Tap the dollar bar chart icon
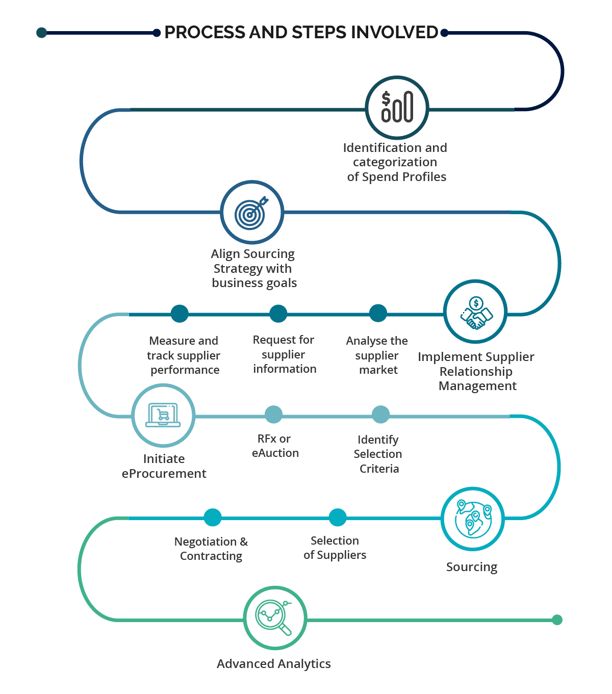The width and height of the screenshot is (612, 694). click(397, 108)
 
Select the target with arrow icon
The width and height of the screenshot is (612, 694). click(251, 212)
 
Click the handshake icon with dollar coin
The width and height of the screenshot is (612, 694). click(475, 312)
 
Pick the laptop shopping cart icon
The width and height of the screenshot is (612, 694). click(163, 416)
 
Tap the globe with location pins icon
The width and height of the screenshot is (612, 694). click(473, 519)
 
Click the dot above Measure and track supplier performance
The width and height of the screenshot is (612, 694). click(180, 314)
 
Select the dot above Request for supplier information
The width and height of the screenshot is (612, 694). click(278, 314)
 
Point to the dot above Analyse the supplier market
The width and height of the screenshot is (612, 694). click(378, 313)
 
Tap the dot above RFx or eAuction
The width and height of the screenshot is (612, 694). click(274, 415)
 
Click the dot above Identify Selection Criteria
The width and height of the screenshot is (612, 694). click(380, 415)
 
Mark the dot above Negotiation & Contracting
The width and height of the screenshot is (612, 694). click(213, 518)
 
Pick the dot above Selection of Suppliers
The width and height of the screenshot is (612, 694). click(337, 518)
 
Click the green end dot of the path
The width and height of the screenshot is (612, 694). click(557, 620)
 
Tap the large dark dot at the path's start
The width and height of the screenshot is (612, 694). click(42, 33)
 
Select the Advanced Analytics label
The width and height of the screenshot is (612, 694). click(273, 664)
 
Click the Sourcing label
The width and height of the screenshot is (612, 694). click(471, 567)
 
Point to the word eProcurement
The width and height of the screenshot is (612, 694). click(164, 474)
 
